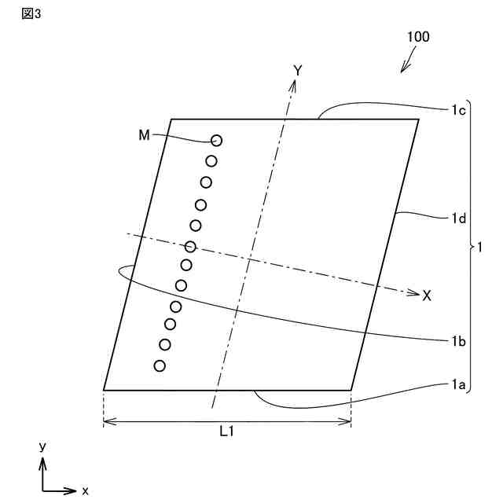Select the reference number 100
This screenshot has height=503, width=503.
pos(418,37)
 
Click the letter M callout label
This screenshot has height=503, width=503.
pos(144,135)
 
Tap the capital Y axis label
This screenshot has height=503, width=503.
pos(298,71)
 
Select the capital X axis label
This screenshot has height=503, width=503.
pos(427,296)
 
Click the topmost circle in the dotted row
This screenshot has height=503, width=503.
pos(216,141)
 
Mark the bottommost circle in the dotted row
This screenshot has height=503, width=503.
pos(160,365)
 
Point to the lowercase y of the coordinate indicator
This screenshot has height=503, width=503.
pos(42,446)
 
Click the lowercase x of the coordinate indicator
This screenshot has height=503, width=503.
pos(85,490)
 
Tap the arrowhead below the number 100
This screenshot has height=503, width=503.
pos(403,70)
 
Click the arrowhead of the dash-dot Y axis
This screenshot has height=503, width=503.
pos(292,83)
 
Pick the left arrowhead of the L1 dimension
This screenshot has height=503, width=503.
pos(108,421)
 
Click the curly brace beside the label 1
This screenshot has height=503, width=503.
pos(470,247)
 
